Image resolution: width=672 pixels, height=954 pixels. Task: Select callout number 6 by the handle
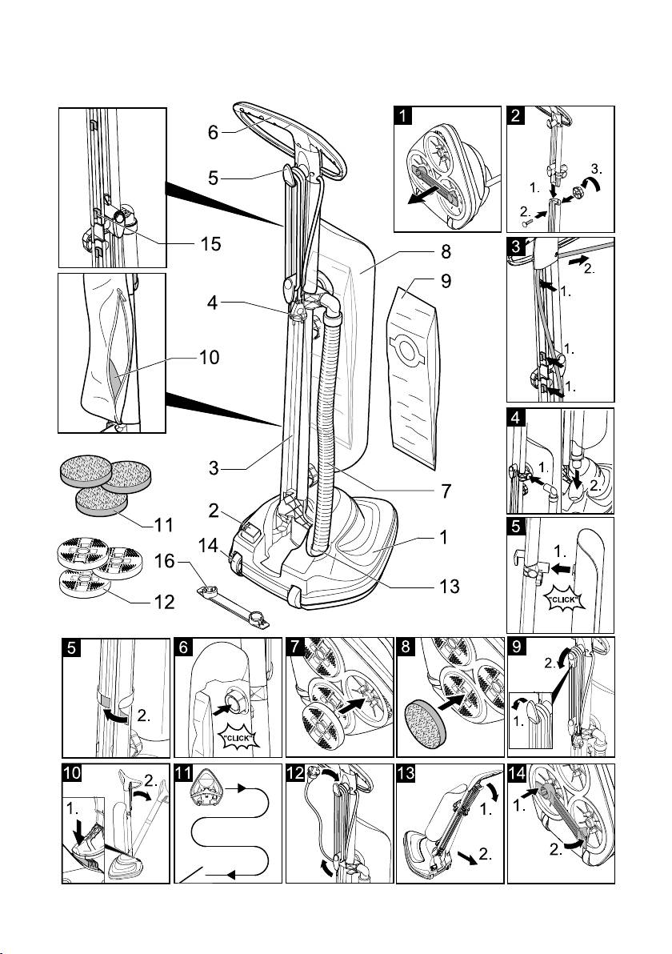[214, 134]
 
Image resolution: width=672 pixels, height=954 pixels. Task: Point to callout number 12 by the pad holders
[164, 602]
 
